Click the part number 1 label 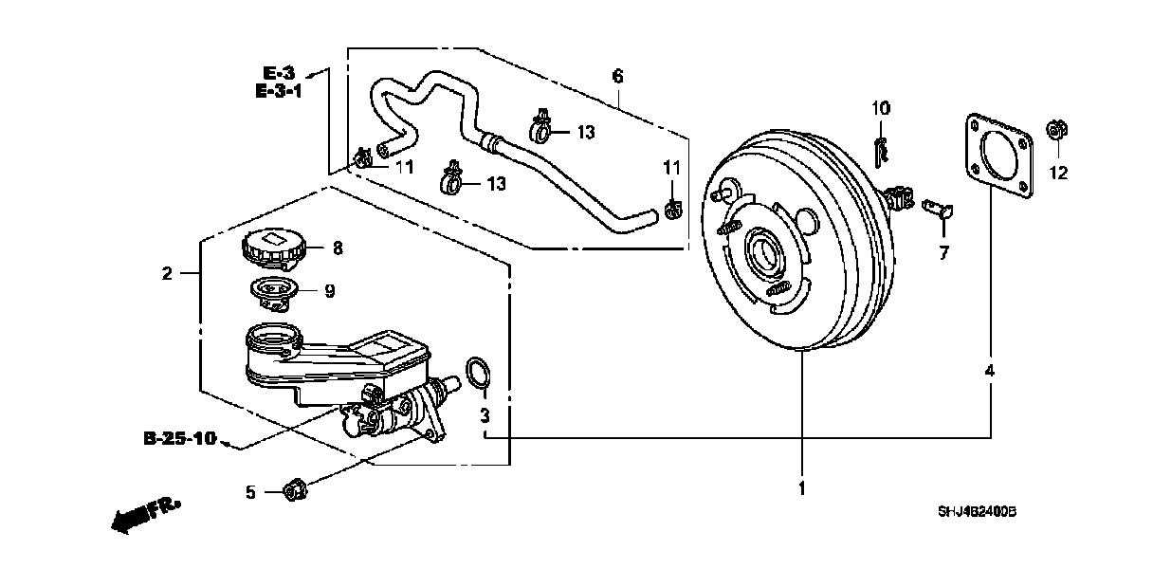(x=801, y=489)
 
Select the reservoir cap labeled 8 (x=273, y=249)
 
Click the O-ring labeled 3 (x=480, y=375)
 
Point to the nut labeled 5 (x=295, y=490)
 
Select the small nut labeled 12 (x=1054, y=132)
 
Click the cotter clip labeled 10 (x=881, y=149)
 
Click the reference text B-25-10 (x=179, y=438)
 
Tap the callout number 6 (x=617, y=74)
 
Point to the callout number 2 (x=168, y=274)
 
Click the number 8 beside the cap (x=337, y=248)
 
